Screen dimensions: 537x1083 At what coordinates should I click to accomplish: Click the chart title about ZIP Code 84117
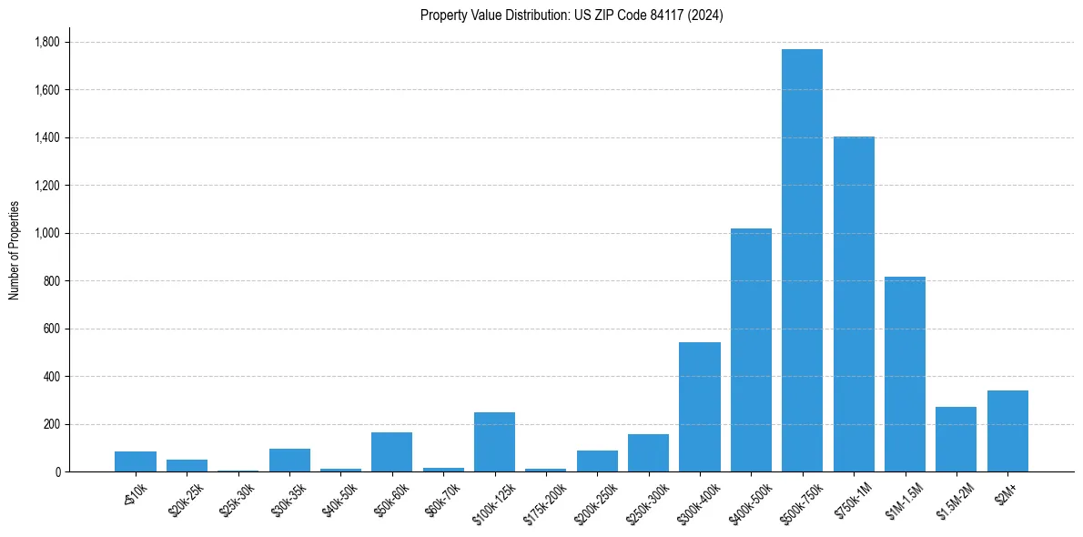pyautogui.click(x=572, y=15)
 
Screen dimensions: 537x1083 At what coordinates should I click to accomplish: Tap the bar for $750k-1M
pyautogui.click(x=854, y=304)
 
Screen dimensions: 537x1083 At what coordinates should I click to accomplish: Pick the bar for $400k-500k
pyautogui.click(x=751, y=350)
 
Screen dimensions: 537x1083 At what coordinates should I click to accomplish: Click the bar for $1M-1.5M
pyautogui.click(x=905, y=374)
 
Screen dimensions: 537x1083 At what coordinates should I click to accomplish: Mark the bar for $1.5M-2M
pyautogui.click(x=956, y=439)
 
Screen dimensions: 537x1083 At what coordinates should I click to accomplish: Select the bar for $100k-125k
pyautogui.click(x=494, y=441)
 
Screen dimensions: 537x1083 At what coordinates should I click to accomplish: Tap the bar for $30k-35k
pyautogui.click(x=289, y=460)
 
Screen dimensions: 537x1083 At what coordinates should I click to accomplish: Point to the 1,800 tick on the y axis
pyautogui.click(x=46, y=42)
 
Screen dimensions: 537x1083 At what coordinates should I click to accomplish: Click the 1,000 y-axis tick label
pyautogui.click(x=46, y=233)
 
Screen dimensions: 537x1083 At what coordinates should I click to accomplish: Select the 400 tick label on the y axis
pyautogui.click(x=51, y=376)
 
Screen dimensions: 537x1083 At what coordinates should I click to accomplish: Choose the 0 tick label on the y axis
pyautogui.click(x=56, y=471)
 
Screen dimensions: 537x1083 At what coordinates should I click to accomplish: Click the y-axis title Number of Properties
pyautogui.click(x=15, y=250)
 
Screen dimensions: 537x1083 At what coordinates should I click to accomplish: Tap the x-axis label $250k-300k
pyautogui.click(x=649, y=498)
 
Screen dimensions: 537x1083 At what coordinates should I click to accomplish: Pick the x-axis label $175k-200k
pyautogui.click(x=546, y=498)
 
